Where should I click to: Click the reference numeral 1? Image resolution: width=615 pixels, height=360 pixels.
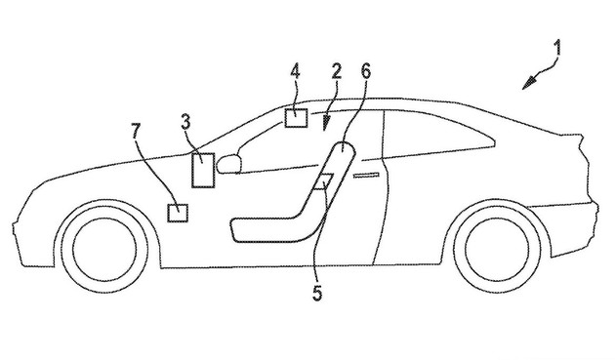point(557,49)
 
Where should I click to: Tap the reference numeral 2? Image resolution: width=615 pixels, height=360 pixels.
point(337,72)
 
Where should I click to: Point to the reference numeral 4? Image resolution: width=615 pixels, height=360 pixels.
point(295,72)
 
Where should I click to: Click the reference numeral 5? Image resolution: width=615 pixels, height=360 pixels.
point(317,293)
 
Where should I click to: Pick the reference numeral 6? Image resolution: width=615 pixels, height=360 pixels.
point(365,71)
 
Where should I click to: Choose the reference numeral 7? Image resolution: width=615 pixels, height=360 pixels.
point(136,131)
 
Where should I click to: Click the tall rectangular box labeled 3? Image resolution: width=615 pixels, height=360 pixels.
point(203,170)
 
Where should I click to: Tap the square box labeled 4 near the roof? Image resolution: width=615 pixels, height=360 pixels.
point(296,118)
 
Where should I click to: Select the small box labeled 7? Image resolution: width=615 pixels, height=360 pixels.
point(178,213)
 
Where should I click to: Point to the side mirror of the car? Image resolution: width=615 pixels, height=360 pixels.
point(229,164)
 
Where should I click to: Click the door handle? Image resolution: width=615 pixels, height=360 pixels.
point(366,175)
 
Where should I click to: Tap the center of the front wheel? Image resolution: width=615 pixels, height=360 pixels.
point(104,248)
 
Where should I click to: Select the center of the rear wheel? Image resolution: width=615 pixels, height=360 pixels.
point(498,248)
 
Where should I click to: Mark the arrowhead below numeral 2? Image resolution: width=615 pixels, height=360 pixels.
point(325,124)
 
